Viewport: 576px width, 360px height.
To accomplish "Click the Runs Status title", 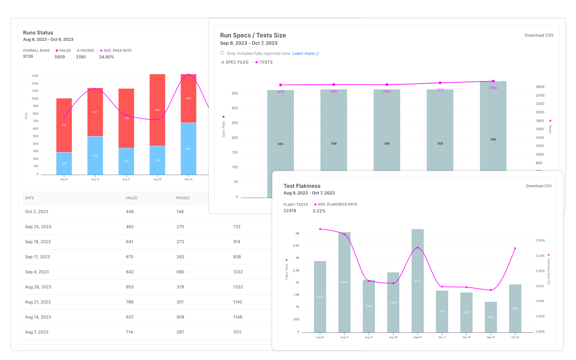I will (x=38, y=33).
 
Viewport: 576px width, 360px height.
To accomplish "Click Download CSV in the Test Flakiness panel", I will (x=538, y=186).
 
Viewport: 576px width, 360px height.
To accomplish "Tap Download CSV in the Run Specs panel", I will (x=539, y=35).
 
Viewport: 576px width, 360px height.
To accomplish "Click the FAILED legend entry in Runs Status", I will (x=63, y=51).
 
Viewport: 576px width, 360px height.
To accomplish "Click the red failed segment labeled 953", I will (x=157, y=110).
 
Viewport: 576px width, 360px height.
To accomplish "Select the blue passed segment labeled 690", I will (x=188, y=148).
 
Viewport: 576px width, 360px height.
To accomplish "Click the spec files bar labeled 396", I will (x=493, y=126).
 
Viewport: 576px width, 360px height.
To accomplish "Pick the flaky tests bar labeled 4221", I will (x=417, y=280).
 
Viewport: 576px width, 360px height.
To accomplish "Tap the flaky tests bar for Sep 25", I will (x=490, y=317).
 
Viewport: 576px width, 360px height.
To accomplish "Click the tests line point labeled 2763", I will (x=493, y=81).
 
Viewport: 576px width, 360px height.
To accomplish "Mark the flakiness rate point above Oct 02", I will (x=515, y=248).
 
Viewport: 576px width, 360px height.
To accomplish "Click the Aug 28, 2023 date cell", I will (x=38, y=287).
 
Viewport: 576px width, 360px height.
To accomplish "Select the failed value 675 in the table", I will (x=130, y=257).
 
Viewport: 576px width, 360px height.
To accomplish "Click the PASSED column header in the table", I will (x=183, y=198).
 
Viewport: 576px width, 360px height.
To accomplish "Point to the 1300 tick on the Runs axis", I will (x=35, y=76).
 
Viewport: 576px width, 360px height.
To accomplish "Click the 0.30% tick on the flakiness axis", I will (x=540, y=241).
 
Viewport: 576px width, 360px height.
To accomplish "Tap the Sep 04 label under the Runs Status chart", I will (x=188, y=179).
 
